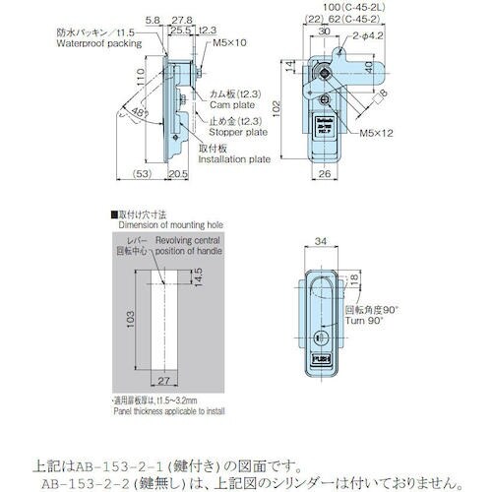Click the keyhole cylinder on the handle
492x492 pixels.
coord(319,337)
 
